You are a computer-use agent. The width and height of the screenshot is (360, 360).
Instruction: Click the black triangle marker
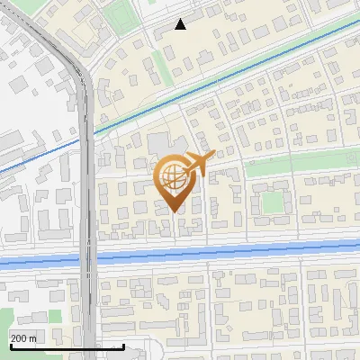(181, 24)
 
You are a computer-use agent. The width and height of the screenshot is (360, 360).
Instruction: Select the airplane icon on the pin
(199, 163)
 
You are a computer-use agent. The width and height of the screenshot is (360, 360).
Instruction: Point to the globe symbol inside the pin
(175, 177)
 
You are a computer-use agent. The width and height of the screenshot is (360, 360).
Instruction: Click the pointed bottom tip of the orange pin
(175, 211)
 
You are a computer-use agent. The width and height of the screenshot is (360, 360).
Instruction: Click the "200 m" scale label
(24, 338)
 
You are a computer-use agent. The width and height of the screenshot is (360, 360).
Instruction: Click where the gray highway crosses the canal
(87, 259)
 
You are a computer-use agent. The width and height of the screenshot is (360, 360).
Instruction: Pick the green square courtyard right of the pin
(273, 202)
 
